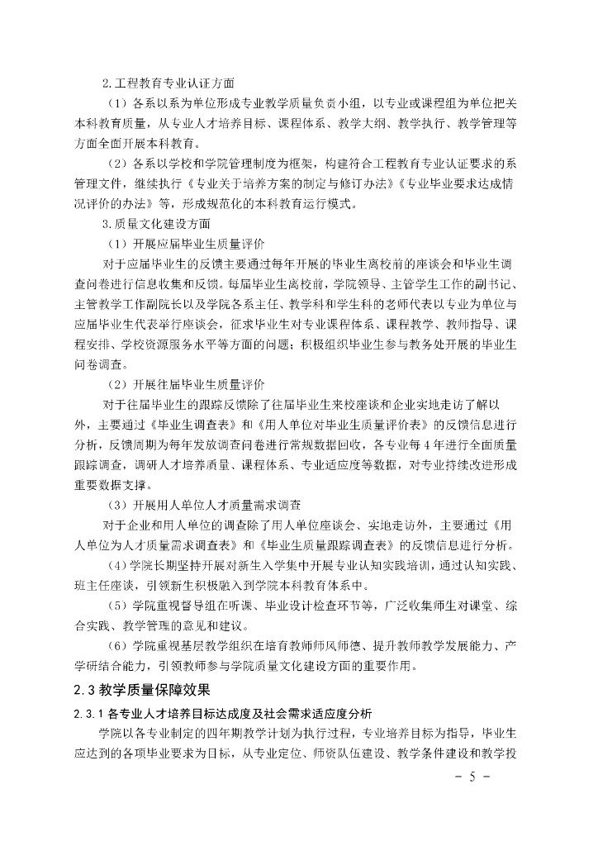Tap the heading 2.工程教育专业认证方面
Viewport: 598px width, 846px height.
(x=168, y=83)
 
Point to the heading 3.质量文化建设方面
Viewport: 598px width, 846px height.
(x=157, y=224)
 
